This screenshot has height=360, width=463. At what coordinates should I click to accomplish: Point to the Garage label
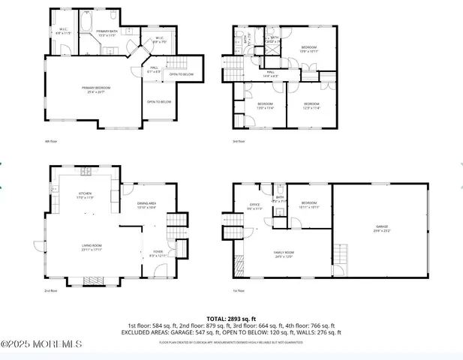(x=382, y=227)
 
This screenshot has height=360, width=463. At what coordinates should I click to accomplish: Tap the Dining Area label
(x=146, y=205)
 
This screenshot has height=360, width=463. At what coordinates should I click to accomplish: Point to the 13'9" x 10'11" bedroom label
(x=309, y=49)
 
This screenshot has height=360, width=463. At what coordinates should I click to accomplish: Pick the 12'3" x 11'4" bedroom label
(x=311, y=105)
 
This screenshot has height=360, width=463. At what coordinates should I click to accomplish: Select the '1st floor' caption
(x=239, y=290)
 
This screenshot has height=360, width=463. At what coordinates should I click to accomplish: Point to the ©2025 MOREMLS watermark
(x=41, y=344)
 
